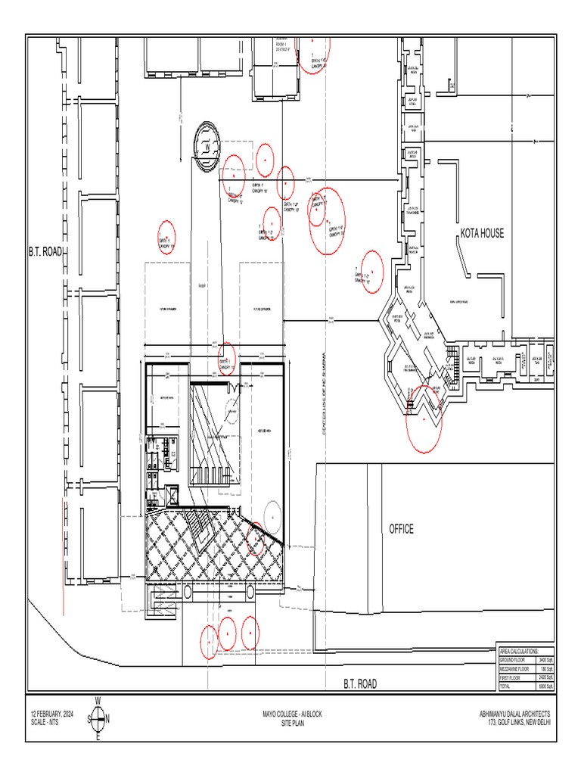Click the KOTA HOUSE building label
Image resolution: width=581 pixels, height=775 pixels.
(x=482, y=234)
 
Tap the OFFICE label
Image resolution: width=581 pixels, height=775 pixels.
(x=401, y=529)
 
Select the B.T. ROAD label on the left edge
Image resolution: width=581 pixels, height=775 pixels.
(x=45, y=251)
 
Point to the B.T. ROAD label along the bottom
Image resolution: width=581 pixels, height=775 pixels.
(x=360, y=684)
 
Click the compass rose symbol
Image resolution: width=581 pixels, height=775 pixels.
(x=98, y=718)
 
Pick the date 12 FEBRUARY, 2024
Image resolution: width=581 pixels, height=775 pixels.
(x=51, y=714)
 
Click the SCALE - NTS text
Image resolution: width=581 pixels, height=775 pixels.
(x=44, y=723)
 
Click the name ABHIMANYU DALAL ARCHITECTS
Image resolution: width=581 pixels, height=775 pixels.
(x=514, y=714)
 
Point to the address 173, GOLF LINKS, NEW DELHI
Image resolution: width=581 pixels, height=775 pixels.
(x=520, y=723)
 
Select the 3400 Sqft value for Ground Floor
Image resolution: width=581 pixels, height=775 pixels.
(x=546, y=661)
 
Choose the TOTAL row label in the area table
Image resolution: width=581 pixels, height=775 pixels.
(x=505, y=686)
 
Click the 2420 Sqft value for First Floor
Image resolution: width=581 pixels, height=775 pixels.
(x=546, y=678)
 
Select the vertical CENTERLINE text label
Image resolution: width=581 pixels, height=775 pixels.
(x=324, y=394)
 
